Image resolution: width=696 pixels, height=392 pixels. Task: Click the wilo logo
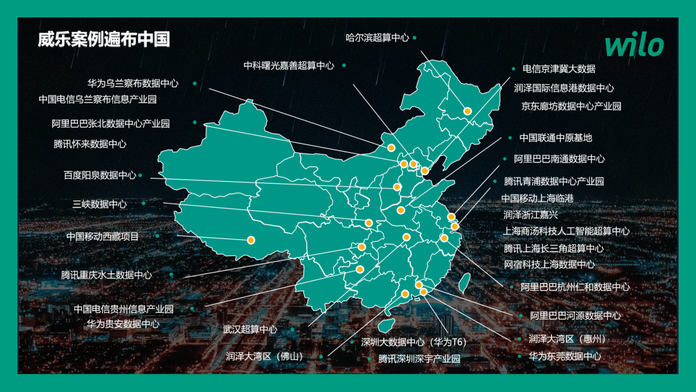coord(633,46)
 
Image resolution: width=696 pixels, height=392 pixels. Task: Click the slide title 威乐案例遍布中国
coord(104,40)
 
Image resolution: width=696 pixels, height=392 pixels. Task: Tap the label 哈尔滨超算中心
coord(377,38)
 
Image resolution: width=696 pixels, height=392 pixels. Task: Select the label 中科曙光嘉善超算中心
coord(289,65)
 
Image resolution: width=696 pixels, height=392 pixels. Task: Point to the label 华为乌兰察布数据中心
coord(133,83)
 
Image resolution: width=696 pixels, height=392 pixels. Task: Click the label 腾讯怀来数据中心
coord(90,144)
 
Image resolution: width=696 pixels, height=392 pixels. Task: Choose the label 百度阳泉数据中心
coord(100,175)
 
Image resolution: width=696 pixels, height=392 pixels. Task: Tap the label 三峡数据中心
coord(99,204)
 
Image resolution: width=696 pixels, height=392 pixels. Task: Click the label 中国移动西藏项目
coord(102,237)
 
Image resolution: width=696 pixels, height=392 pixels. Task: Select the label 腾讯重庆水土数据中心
coord(106,275)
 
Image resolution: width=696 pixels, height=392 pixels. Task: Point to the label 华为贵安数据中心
coord(122,324)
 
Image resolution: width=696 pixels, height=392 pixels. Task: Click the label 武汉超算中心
coord(250,329)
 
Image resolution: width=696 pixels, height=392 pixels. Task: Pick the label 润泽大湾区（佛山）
coord(264,355)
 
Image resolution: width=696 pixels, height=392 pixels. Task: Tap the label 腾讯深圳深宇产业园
coord(419,358)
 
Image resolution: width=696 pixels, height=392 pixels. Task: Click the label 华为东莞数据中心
coord(565,356)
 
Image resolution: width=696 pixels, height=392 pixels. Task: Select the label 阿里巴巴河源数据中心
coord(575,315)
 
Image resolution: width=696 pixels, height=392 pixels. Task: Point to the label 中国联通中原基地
coord(556,137)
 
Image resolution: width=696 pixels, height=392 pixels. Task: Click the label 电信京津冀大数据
coord(558,68)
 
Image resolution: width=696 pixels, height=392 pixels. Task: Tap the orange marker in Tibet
coord(251,240)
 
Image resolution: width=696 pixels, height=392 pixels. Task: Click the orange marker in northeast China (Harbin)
coord(468,111)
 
